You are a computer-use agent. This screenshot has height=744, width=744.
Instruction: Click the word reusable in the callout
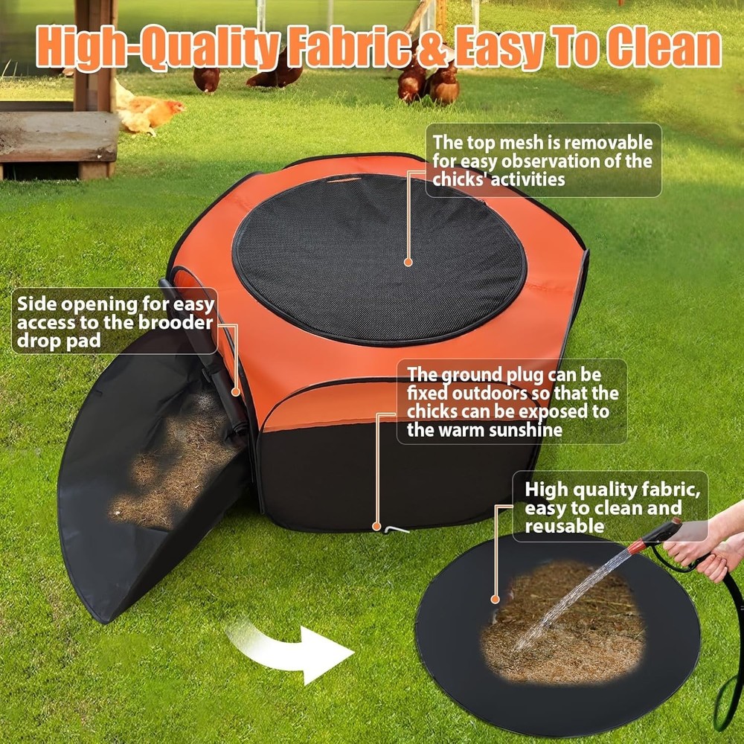pyautogui.click(x=564, y=526)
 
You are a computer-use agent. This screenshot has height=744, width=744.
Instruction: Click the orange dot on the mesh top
pyautogui.click(x=408, y=262)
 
